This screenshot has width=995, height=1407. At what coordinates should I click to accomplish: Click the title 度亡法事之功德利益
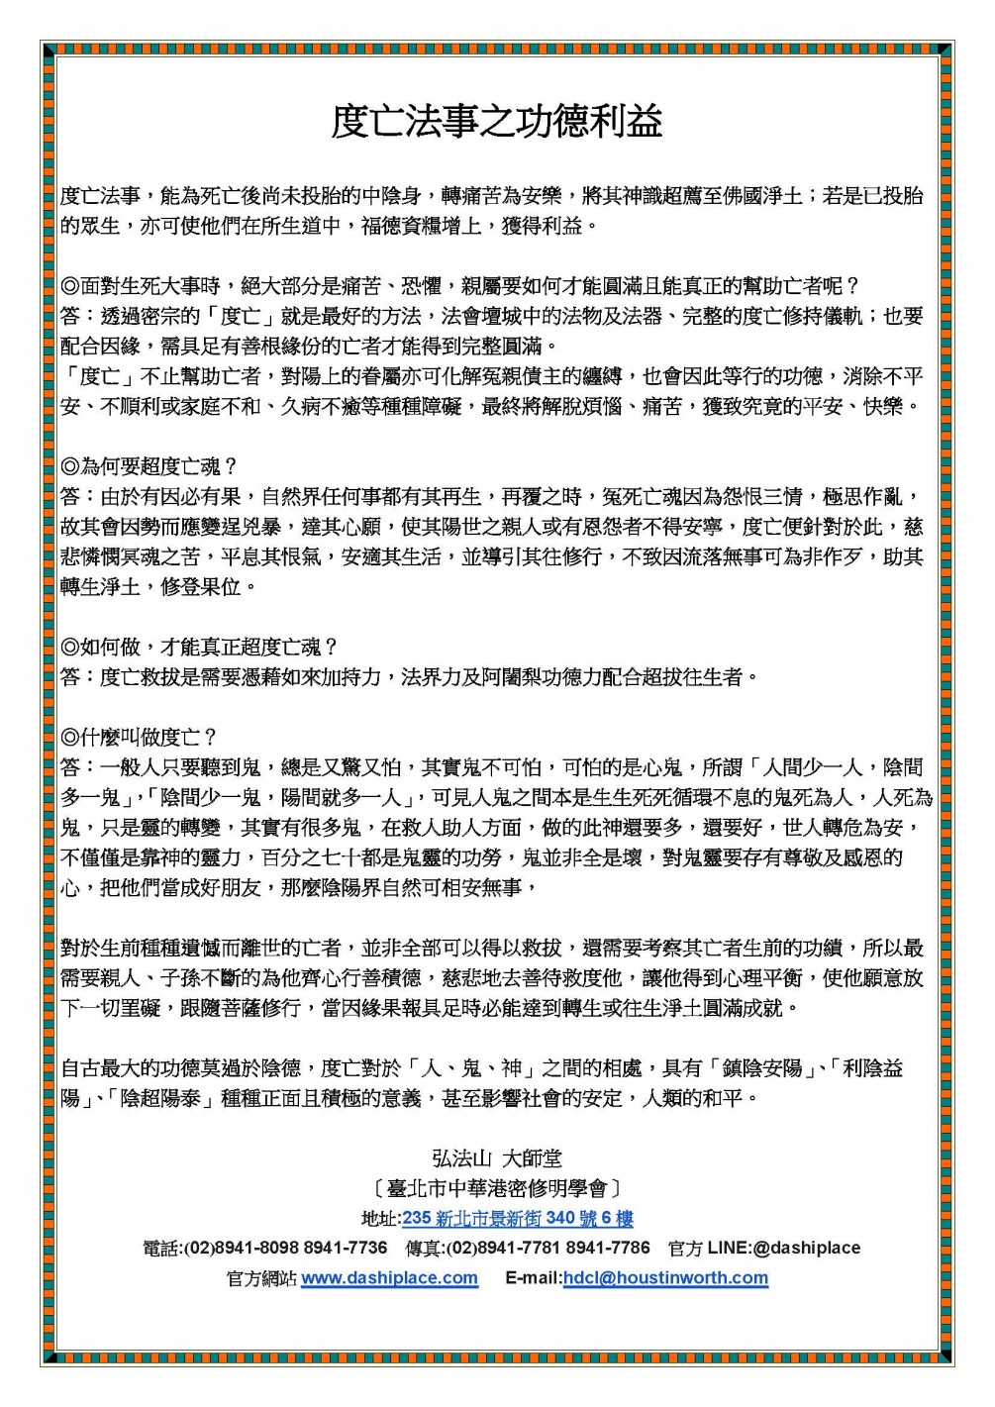point(497,122)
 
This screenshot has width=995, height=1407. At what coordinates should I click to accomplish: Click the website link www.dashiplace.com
point(389,1278)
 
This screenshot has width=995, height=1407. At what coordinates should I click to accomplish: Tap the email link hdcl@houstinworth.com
point(665,1278)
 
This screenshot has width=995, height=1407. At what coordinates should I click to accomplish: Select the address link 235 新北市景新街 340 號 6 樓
point(517,1219)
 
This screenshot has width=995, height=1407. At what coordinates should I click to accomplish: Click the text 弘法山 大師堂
point(497,1157)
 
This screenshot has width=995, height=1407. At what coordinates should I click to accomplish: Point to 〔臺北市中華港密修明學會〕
point(497,1188)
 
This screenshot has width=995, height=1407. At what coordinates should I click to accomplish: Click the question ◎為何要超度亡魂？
point(149,466)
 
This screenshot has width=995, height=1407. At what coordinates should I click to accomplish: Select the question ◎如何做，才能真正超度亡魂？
point(200,647)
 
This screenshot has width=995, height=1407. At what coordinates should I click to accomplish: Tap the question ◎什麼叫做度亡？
point(139,737)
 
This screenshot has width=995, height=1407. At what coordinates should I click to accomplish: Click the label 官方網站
point(261,1278)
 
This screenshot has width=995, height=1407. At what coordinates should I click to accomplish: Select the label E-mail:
point(533,1278)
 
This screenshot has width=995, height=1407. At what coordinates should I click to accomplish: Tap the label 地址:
point(381,1219)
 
